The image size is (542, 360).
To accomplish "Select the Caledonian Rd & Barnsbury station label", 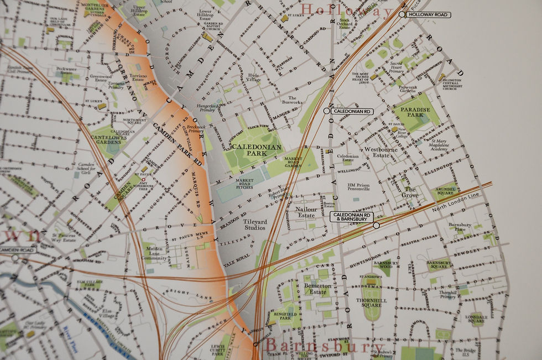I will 352,217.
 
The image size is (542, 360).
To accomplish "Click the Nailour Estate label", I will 306,213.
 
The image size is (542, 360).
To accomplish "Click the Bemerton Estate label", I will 317,289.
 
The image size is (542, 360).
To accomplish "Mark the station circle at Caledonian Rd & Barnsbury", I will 376,225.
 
